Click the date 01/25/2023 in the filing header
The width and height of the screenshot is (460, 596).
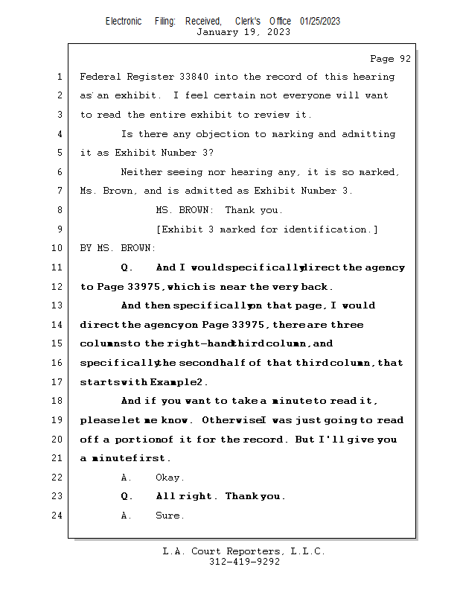(320, 21)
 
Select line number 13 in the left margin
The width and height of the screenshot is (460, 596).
(57, 305)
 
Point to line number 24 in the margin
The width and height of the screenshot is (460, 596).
(57, 516)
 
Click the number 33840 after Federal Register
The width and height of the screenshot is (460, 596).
(197, 77)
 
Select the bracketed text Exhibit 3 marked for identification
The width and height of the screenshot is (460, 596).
(266, 229)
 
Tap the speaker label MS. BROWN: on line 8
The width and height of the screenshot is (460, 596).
(183, 210)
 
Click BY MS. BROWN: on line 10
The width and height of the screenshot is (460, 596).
(118, 248)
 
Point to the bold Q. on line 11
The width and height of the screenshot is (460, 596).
(127, 267)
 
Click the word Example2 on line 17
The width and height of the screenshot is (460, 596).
(178, 382)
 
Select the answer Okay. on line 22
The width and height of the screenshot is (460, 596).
(170, 478)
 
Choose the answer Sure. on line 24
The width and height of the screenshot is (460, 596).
(170, 516)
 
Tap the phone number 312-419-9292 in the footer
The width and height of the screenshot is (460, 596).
(244, 562)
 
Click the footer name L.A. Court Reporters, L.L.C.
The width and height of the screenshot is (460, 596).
(243, 552)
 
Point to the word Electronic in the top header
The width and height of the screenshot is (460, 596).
(124, 21)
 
